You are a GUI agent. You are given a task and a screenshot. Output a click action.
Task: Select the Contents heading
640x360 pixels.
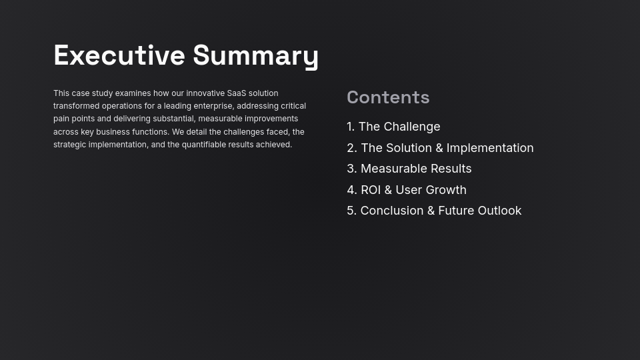point(388,97)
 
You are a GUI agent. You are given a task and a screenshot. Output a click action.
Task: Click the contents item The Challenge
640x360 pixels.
point(399,127)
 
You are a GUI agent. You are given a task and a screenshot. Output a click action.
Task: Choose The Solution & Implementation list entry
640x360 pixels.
point(447,148)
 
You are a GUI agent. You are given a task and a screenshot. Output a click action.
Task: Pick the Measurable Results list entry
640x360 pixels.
point(415,169)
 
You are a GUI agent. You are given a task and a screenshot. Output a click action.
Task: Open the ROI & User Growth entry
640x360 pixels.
point(413,190)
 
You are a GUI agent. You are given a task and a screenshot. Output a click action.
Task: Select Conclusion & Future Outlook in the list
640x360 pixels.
point(441,211)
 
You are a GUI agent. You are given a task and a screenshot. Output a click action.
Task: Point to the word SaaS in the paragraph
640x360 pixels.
point(236,93)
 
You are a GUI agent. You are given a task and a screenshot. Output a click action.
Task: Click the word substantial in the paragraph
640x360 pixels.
point(173,119)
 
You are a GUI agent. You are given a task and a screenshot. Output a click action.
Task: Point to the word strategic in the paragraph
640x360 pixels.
point(69,145)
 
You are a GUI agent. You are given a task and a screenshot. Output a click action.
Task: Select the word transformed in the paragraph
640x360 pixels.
point(76,106)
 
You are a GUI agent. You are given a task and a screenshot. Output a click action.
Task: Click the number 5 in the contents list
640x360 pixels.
point(351,211)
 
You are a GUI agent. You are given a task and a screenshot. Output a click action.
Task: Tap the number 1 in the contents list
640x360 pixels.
point(350,127)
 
